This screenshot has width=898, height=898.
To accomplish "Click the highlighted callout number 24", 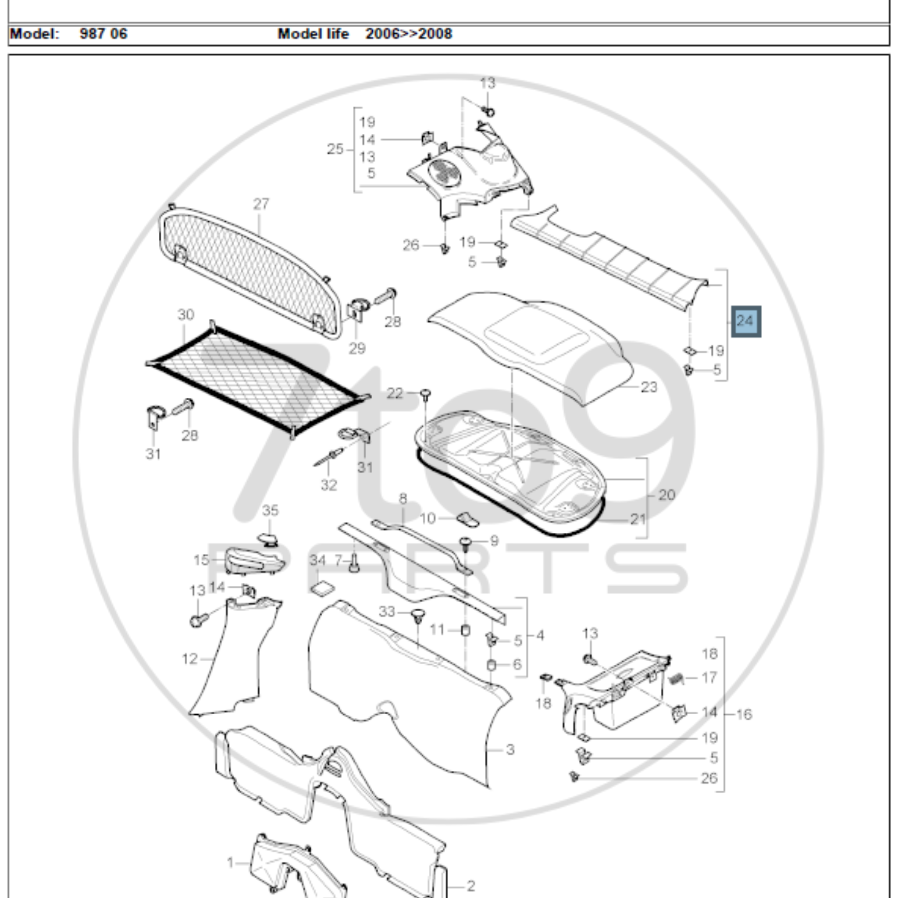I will (x=745, y=321).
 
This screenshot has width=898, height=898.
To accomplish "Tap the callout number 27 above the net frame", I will (x=261, y=204).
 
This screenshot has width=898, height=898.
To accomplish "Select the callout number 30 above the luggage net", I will (x=185, y=315).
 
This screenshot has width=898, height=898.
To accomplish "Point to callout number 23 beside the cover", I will (x=649, y=387).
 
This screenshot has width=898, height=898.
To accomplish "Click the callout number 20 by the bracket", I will (x=666, y=495).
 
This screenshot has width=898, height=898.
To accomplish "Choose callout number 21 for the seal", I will (x=638, y=519).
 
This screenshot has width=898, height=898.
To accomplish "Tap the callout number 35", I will (x=270, y=510).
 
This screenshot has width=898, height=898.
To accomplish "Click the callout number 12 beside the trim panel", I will (x=189, y=659).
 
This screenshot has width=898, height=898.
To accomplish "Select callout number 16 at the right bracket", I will (x=744, y=714).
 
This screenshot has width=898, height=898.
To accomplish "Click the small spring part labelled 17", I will (x=676, y=680).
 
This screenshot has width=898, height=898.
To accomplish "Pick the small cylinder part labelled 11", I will (x=465, y=630).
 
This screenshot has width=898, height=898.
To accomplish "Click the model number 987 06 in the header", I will (x=103, y=34).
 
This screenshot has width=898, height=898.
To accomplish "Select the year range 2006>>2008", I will (x=409, y=34).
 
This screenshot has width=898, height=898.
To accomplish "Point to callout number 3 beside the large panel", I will (x=510, y=749).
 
